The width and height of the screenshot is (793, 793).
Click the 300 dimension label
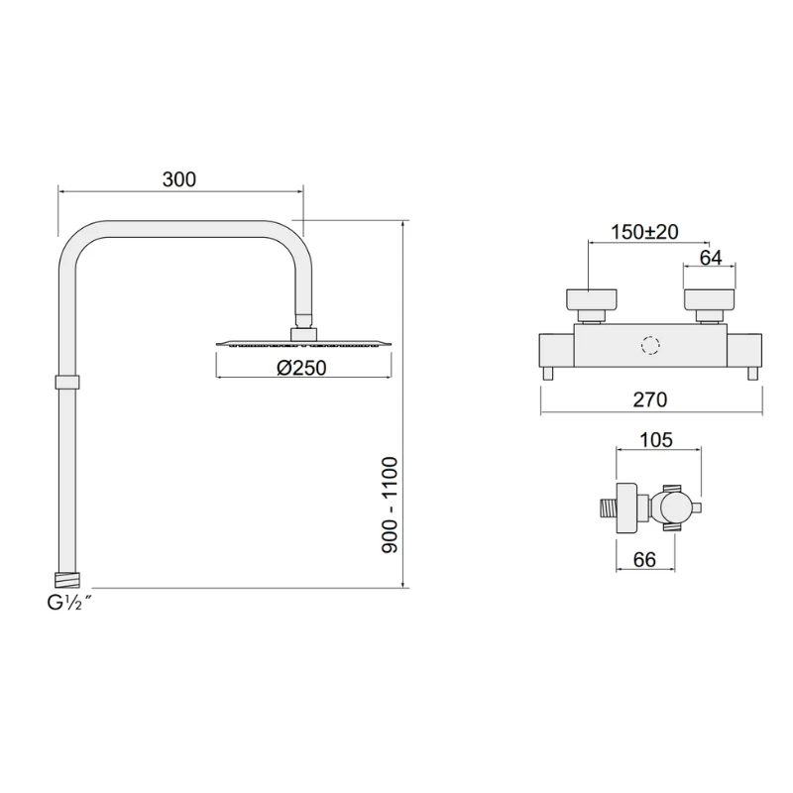pyautogui.click(x=179, y=178)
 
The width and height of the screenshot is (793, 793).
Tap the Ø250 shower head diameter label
pyautogui.click(x=301, y=368)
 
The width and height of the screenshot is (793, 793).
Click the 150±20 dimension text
pyautogui.click(x=644, y=232)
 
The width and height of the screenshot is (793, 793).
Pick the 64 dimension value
pyautogui.click(x=711, y=258)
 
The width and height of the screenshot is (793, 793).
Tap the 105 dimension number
pyautogui.click(x=656, y=439)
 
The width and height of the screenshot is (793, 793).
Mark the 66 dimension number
pyautogui.click(x=644, y=559)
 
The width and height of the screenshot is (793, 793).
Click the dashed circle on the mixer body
pyautogui.click(x=650, y=346)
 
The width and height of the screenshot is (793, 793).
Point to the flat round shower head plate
pyautogui.click(x=302, y=344)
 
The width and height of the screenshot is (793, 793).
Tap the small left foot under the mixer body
pyautogui.click(x=548, y=374)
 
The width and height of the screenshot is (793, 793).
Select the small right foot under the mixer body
pyautogui.click(x=752, y=374)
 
